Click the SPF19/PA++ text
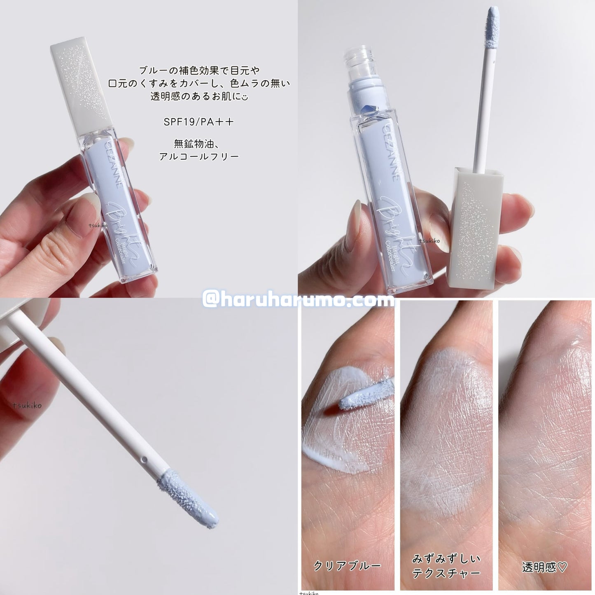point(198,121)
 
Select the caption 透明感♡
point(544,558)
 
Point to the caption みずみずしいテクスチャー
point(446,558)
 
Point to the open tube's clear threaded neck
point(364,61)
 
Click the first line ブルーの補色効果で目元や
point(199,71)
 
